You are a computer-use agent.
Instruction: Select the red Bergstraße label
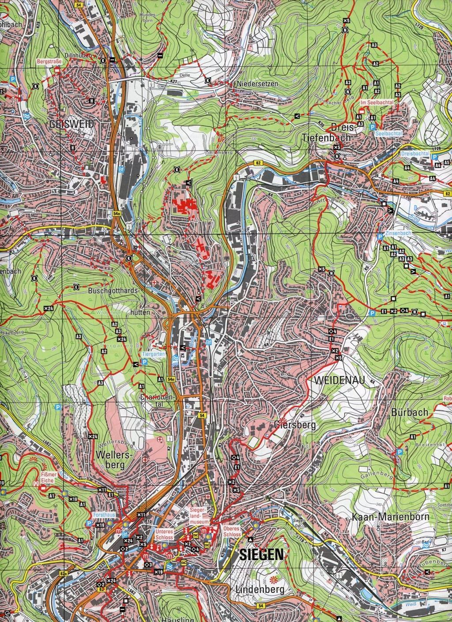point(49,63)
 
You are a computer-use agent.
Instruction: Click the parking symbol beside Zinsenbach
point(379,237)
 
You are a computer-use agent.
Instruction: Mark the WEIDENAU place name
point(335,379)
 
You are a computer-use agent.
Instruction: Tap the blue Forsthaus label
point(104,515)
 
